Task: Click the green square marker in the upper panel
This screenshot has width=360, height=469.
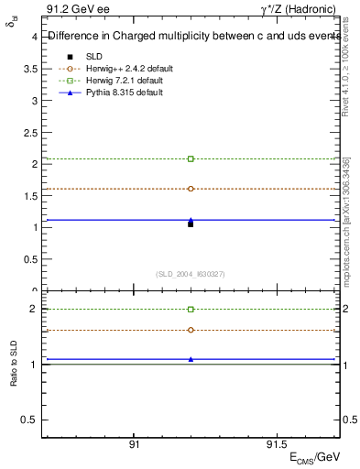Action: pyautogui.click(x=191, y=158)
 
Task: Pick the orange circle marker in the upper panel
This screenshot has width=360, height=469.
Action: pyautogui.click(x=191, y=189)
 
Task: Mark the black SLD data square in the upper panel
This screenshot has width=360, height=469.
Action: pyautogui.click(x=191, y=224)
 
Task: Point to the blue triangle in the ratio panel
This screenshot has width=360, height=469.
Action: pyautogui.click(x=191, y=359)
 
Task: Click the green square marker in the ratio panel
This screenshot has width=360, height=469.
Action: pyautogui.click(x=191, y=310)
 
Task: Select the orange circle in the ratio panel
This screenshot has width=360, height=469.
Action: pyautogui.click(x=191, y=330)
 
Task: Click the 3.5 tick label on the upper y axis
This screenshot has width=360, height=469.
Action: pyautogui.click(x=28, y=69)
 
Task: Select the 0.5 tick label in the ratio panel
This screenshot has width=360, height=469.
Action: pyautogui.click(x=28, y=420)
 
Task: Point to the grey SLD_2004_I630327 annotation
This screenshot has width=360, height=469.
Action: pyautogui.click(x=191, y=274)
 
